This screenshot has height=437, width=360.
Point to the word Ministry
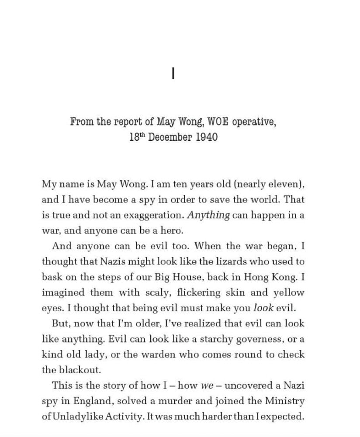tap(284, 400)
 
